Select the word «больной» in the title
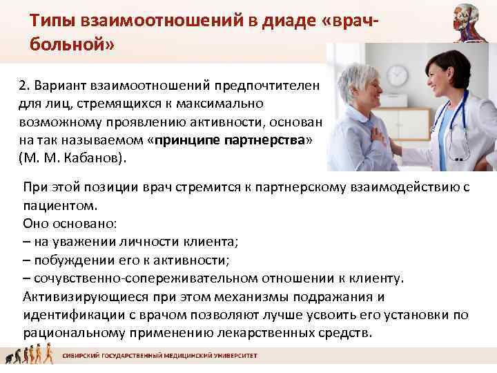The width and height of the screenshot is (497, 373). pyautogui.click(x=68, y=46)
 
